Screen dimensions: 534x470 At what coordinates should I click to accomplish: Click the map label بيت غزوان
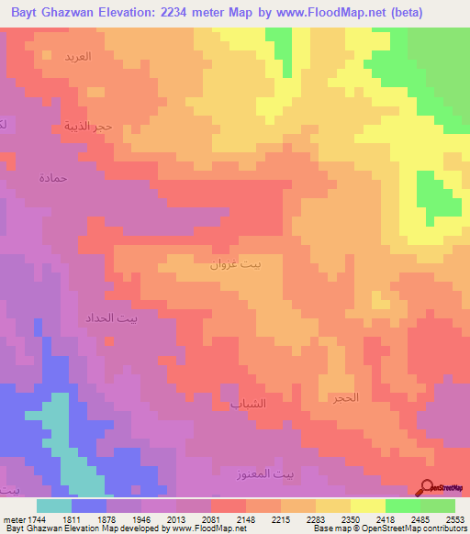pos(236,266)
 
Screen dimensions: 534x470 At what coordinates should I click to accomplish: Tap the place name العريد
pos(77,57)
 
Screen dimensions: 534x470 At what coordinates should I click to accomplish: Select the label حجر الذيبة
pos(88,126)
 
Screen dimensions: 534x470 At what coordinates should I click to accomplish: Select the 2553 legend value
pos(455,519)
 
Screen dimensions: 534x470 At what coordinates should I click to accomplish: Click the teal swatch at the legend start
pos(54,506)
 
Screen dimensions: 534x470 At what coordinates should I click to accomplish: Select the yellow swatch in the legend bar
pos(367,506)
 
